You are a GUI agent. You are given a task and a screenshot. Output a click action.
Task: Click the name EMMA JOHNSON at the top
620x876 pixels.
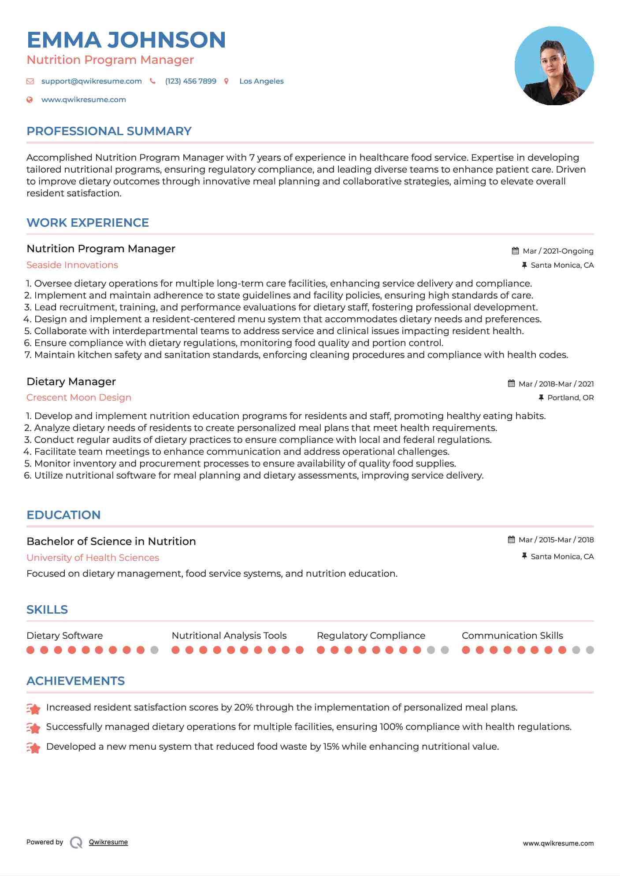point(126,40)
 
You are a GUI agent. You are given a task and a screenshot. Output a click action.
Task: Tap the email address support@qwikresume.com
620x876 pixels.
point(91,81)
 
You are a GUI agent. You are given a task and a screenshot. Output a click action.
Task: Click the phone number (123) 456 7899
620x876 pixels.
point(190,81)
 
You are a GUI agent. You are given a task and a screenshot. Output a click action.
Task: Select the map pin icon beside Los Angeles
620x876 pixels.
point(226,81)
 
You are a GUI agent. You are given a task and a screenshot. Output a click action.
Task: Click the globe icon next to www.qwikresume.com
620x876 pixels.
point(30,99)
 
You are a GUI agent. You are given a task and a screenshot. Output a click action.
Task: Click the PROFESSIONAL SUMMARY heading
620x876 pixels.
point(109,131)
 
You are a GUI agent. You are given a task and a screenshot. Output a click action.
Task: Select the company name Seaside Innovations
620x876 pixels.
point(72,265)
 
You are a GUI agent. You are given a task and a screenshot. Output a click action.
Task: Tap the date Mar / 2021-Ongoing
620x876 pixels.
point(558,251)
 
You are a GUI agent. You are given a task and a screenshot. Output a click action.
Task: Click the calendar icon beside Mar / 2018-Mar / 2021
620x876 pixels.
point(511,383)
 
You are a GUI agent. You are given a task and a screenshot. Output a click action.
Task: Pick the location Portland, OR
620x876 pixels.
point(570,398)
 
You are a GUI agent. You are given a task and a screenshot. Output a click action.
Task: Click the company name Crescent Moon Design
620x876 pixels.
point(79,398)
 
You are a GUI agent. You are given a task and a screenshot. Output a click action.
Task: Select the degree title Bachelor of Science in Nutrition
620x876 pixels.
point(111,541)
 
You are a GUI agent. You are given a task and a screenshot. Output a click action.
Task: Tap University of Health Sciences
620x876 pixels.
point(93,558)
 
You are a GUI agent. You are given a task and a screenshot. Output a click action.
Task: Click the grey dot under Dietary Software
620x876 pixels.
point(154,650)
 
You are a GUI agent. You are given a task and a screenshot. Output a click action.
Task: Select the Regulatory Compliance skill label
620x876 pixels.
point(371,636)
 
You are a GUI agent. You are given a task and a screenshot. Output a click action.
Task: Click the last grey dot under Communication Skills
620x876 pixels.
point(590,650)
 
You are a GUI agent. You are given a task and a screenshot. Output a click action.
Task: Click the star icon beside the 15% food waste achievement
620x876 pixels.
point(33,747)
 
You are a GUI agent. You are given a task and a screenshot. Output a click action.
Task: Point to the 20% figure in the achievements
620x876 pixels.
point(243,707)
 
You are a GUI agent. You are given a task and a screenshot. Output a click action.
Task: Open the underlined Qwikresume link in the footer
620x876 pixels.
point(108,842)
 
